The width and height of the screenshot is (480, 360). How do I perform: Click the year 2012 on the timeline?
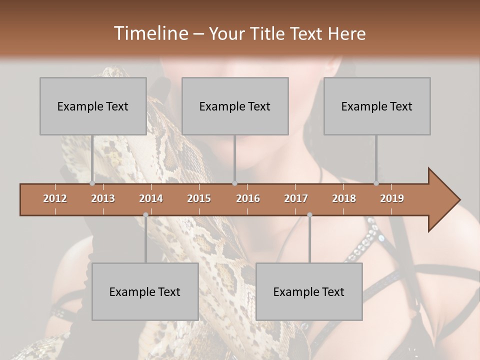click(55, 198)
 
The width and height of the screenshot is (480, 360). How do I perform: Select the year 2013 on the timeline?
click(103, 198)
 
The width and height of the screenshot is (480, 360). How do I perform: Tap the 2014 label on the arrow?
click(151, 198)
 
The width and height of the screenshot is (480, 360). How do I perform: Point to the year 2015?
click(199, 198)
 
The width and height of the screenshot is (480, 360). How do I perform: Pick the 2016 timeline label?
click(248, 198)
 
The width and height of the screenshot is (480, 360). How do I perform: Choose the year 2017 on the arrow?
click(296, 198)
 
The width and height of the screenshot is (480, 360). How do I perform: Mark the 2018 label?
click(344, 198)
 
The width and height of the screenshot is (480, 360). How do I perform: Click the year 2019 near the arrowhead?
click(392, 198)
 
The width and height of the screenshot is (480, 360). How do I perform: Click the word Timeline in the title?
click(149, 33)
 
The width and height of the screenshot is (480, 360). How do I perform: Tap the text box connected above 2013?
click(93, 106)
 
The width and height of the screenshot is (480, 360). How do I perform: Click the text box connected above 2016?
click(235, 106)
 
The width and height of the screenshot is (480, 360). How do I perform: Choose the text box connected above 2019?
click(377, 106)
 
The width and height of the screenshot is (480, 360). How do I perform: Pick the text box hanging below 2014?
click(145, 291)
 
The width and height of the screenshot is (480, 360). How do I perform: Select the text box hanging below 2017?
click(309, 291)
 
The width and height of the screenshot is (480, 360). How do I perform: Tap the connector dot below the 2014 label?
click(145, 215)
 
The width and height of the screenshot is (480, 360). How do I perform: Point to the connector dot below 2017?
click(309, 215)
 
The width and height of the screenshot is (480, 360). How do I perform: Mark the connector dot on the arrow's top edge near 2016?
click(235, 183)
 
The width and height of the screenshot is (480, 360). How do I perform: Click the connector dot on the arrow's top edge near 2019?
click(376, 183)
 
